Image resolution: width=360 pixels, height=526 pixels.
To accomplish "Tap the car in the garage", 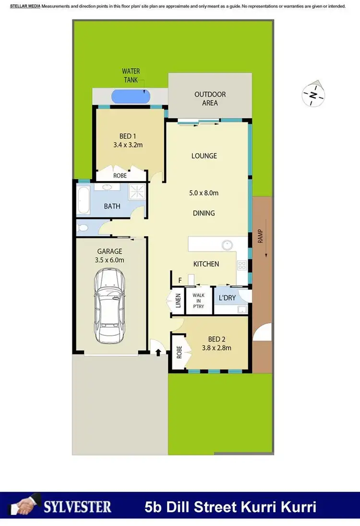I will tap(110, 306).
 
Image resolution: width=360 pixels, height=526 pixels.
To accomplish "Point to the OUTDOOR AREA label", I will tap(210, 98).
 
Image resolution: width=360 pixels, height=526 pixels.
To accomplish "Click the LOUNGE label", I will tap(204, 156).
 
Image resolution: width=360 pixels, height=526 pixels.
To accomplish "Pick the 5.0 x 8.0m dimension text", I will tap(204, 193).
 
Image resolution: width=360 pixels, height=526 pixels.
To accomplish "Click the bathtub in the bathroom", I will tap(83, 198).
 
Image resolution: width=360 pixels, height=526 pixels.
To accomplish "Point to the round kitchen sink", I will tap(227, 245).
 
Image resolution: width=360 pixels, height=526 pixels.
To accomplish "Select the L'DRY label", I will tap(227, 298).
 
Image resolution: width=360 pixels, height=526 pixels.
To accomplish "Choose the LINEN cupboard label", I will tap(178, 302).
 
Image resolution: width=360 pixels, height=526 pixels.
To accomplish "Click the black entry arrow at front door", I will tap(158, 353).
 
